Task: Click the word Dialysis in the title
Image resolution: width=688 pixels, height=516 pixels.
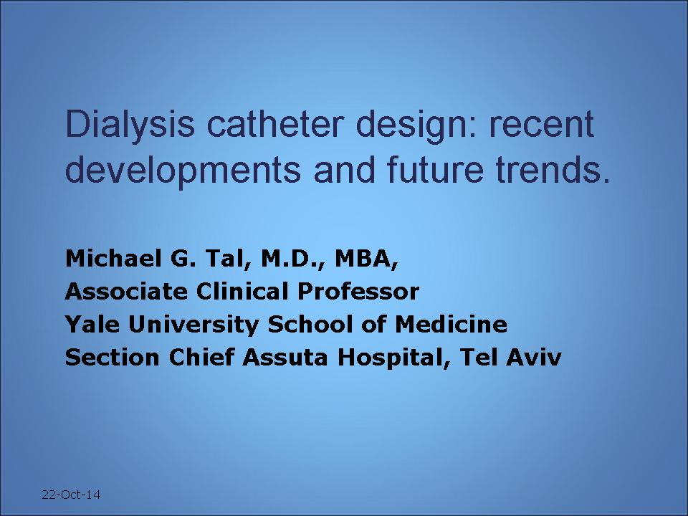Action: tap(130, 125)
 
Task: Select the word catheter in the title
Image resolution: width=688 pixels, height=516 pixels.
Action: tap(273, 124)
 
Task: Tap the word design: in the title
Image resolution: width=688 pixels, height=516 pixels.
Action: tap(416, 126)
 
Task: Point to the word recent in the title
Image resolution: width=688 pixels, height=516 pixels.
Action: tap(542, 125)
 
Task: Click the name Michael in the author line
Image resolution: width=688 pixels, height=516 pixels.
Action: tap(113, 258)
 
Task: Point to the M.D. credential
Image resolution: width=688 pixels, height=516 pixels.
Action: tap(293, 259)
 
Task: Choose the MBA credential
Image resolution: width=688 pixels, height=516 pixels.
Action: tap(367, 259)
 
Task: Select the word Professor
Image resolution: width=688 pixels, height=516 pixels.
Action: tap(358, 292)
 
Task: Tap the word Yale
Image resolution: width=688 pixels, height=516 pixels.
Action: tap(92, 324)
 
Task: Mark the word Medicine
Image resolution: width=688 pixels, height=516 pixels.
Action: tap(451, 324)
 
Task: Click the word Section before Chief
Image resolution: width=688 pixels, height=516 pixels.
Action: tap(112, 358)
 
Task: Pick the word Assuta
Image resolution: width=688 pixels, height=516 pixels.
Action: tap(285, 358)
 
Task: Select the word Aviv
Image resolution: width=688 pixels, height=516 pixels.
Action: tap(533, 358)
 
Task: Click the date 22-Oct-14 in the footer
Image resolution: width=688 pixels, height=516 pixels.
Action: tap(71, 494)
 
